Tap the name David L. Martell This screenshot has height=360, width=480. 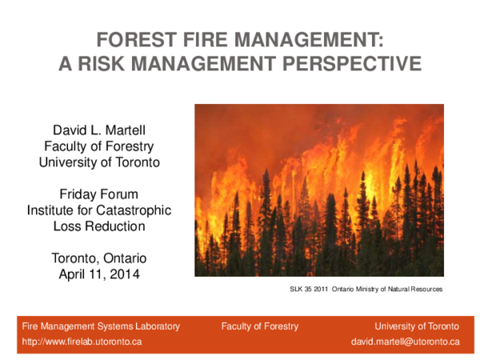(99, 130)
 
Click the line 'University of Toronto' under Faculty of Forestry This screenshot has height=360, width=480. (99, 162)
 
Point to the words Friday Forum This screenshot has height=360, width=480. (99, 194)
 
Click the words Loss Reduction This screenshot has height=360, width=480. (99, 226)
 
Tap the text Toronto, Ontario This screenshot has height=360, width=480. (99, 258)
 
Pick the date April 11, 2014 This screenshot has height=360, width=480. (99, 274)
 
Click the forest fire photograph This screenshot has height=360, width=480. (318, 190)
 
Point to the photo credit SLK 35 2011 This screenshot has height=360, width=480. (309, 289)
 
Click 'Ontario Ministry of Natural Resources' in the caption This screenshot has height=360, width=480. (387, 289)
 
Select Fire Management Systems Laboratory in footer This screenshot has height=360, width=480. (101, 326)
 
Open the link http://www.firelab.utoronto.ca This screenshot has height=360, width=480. (82, 342)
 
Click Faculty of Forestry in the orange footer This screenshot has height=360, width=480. (260, 326)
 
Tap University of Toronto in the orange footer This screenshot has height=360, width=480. (417, 326)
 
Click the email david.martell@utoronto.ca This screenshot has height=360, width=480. (406, 342)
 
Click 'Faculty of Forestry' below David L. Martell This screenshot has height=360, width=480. (99, 146)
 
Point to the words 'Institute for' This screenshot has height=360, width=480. (61, 210)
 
